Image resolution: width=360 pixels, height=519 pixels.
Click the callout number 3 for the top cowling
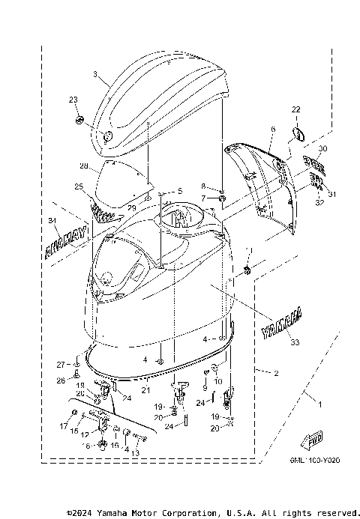[x=95, y=74]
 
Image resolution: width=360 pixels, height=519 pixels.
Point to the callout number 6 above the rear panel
[x=273, y=129]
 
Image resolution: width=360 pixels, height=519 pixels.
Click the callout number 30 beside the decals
[x=322, y=150]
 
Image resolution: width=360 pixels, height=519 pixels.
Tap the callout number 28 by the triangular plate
[x=84, y=166]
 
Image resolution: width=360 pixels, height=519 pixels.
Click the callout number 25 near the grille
[x=78, y=186]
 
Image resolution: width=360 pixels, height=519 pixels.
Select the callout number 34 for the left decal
[x=52, y=220]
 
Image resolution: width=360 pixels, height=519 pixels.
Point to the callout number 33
[x=292, y=342]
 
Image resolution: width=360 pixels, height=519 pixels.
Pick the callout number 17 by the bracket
[x=62, y=426]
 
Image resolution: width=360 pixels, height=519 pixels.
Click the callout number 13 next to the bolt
[x=136, y=454]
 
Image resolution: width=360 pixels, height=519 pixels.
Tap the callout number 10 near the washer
[x=218, y=381]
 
